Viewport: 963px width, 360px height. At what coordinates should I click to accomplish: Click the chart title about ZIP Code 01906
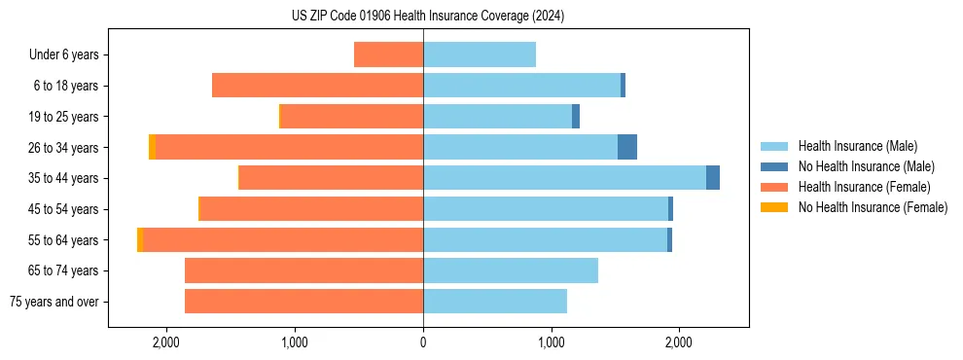(x=427, y=17)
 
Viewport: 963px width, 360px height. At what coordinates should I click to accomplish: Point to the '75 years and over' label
(x=54, y=302)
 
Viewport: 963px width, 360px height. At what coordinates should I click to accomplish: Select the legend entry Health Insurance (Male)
(x=857, y=146)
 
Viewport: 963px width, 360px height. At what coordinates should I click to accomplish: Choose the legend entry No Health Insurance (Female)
(x=873, y=207)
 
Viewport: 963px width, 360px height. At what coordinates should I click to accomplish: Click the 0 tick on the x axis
(x=423, y=342)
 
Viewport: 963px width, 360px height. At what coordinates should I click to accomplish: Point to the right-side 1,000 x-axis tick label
(x=552, y=342)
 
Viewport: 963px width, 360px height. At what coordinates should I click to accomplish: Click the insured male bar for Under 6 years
(x=480, y=54)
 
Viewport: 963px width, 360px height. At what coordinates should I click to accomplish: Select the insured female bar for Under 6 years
(x=388, y=54)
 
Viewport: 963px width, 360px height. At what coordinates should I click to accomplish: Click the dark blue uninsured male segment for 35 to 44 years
(x=713, y=178)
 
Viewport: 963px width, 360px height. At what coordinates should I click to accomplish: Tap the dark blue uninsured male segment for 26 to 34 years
(x=627, y=147)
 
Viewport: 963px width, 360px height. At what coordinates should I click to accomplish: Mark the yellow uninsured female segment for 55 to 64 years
(x=140, y=239)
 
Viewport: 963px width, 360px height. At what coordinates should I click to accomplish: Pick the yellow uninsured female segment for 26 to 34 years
(x=152, y=147)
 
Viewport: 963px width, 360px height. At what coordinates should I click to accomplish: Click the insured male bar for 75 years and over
(x=495, y=302)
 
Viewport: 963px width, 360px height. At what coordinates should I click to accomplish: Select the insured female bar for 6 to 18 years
(x=317, y=86)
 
